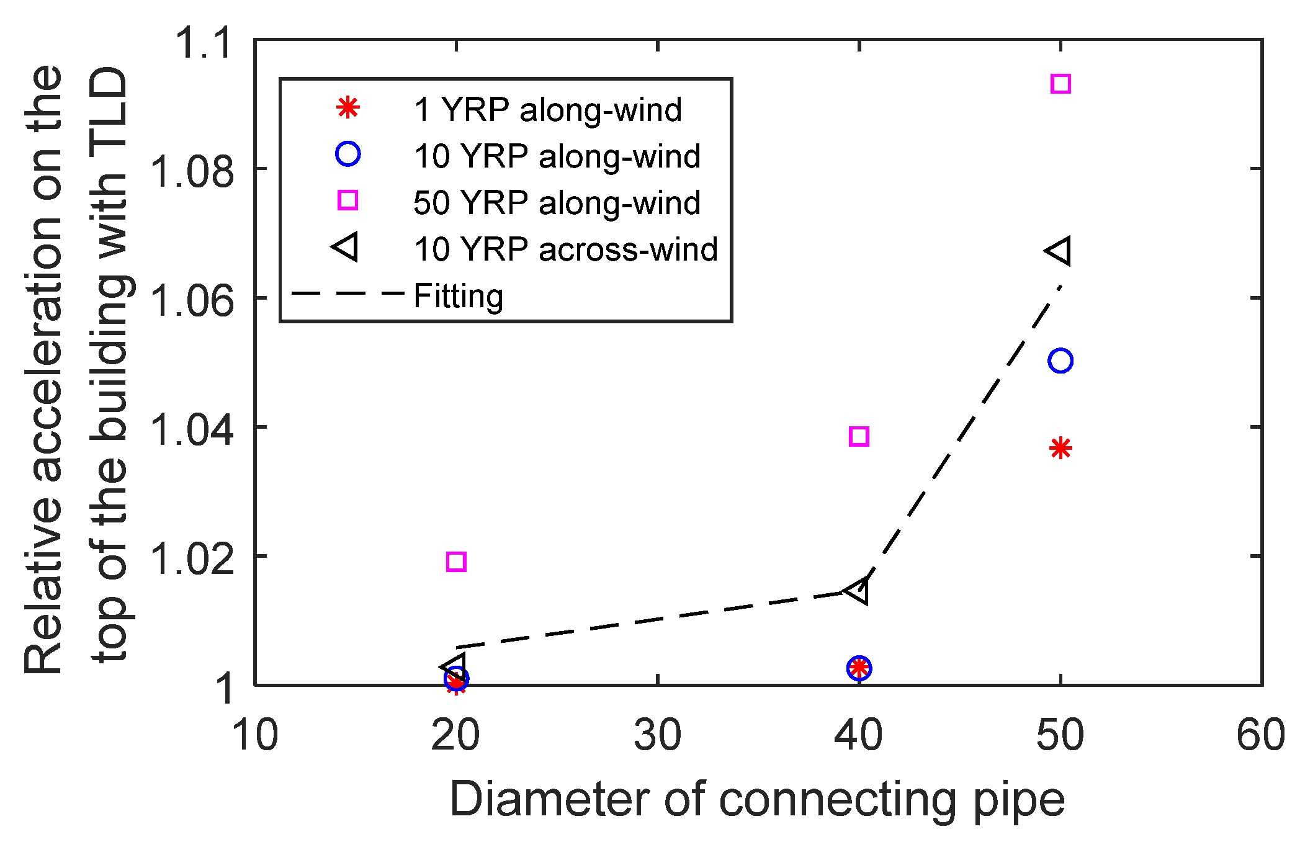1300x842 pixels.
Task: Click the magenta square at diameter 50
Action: (1060, 84)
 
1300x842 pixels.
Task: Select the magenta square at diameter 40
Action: (859, 436)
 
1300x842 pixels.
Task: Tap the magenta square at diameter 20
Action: (456, 562)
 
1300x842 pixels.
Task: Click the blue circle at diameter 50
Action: (1060, 361)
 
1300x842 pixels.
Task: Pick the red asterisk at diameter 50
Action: (1060, 448)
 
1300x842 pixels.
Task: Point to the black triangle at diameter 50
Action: (1058, 251)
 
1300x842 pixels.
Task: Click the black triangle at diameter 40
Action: (858, 590)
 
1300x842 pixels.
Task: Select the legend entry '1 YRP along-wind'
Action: (547, 110)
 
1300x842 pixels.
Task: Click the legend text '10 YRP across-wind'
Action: (565, 249)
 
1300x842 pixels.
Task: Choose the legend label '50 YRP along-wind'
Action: (557, 203)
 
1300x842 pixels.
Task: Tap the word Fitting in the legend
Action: (458, 296)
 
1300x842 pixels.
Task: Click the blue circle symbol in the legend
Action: (347, 154)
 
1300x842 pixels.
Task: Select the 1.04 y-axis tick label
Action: (193, 430)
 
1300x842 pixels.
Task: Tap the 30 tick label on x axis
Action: (657, 736)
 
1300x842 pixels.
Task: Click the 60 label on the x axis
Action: (1260, 736)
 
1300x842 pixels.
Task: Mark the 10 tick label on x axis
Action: (255, 736)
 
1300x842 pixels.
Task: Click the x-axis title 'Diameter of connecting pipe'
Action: (757, 800)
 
